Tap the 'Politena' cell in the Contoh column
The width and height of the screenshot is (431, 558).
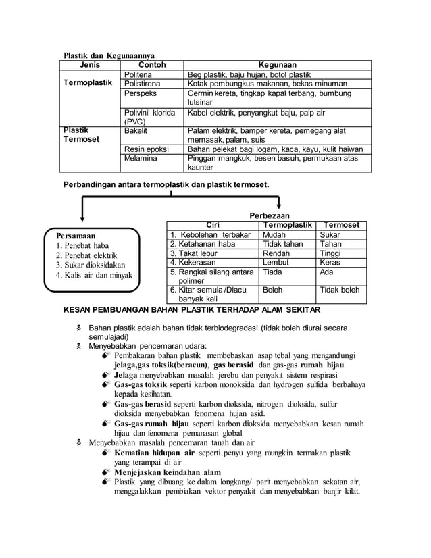(139, 74)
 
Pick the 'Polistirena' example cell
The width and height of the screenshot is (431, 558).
(143, 84)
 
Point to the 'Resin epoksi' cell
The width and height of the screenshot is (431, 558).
(147, 149)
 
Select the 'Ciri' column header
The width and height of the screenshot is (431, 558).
(212, 225)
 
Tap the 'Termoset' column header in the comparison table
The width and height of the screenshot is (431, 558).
(341, 225)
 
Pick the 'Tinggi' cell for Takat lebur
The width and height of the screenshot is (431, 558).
(331, 253)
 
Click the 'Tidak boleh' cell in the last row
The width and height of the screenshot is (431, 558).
(340, 290)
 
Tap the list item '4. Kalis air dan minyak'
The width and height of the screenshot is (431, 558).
(94, 275)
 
